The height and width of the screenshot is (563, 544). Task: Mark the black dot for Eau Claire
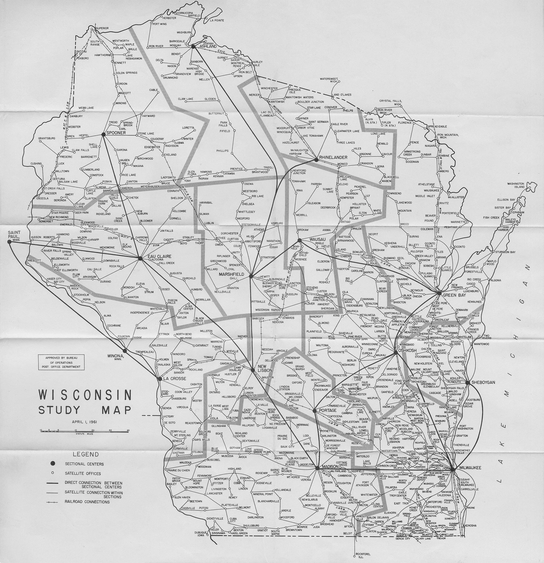[140, 258]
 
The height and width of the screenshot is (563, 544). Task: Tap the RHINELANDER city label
[333, 157]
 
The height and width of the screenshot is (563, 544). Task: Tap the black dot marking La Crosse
[159, 379]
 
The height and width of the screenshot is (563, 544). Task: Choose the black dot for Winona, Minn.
[124, 351]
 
